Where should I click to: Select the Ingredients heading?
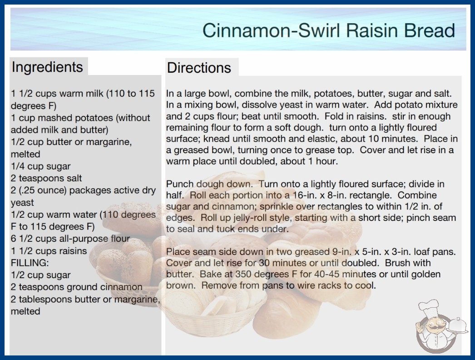[47, 67]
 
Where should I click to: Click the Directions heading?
[199, 68]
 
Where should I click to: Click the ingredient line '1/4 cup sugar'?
[40, 166]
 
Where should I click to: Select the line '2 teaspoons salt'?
[46, 178]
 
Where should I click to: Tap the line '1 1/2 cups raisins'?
[49, 251]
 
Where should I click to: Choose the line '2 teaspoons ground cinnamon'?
[77, 287]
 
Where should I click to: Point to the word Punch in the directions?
[180, 184]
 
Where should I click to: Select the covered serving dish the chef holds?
[457, 326]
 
